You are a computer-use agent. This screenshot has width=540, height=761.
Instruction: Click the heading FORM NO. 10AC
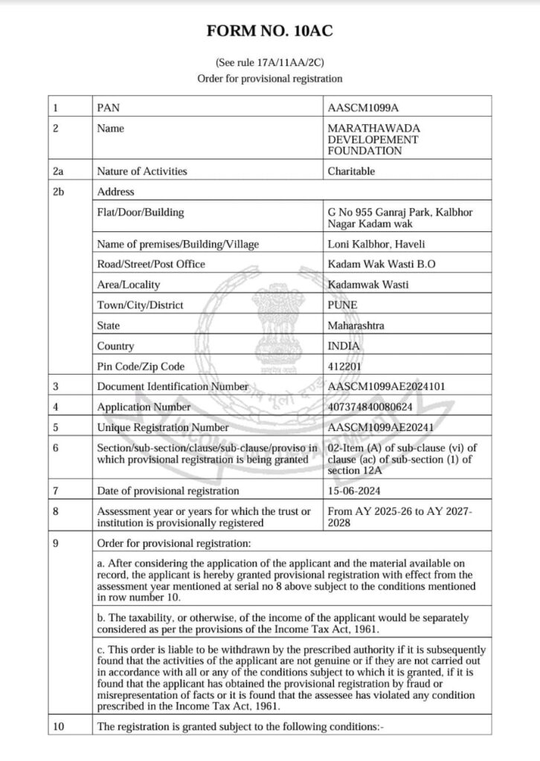click(x=270, y=32)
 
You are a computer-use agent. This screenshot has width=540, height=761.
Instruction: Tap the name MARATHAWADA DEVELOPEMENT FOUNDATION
click(x=373, y=140)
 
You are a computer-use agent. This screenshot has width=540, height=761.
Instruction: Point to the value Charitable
click(x=351, y=171)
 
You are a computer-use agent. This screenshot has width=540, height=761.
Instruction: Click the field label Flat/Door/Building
click(x=141, y=213)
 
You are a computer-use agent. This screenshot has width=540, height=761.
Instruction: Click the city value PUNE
click(x=343, y=305)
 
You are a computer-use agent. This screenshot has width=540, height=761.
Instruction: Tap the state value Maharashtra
click(x=356, y=326)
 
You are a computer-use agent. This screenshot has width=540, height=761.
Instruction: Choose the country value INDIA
click(x=344, y=346)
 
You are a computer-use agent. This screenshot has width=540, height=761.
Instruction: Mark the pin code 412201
click(x=344, y=366)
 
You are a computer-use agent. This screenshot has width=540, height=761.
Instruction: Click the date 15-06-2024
click(x=355, y=490)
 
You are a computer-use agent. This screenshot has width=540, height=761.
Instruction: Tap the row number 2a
click(x=60, y=171)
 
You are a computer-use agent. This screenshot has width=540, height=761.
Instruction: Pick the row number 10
click(x=60, y=728)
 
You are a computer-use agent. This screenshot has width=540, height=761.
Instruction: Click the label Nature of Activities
click(x=142, y=171)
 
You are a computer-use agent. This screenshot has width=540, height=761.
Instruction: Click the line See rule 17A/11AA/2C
click(x=270, y=63)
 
